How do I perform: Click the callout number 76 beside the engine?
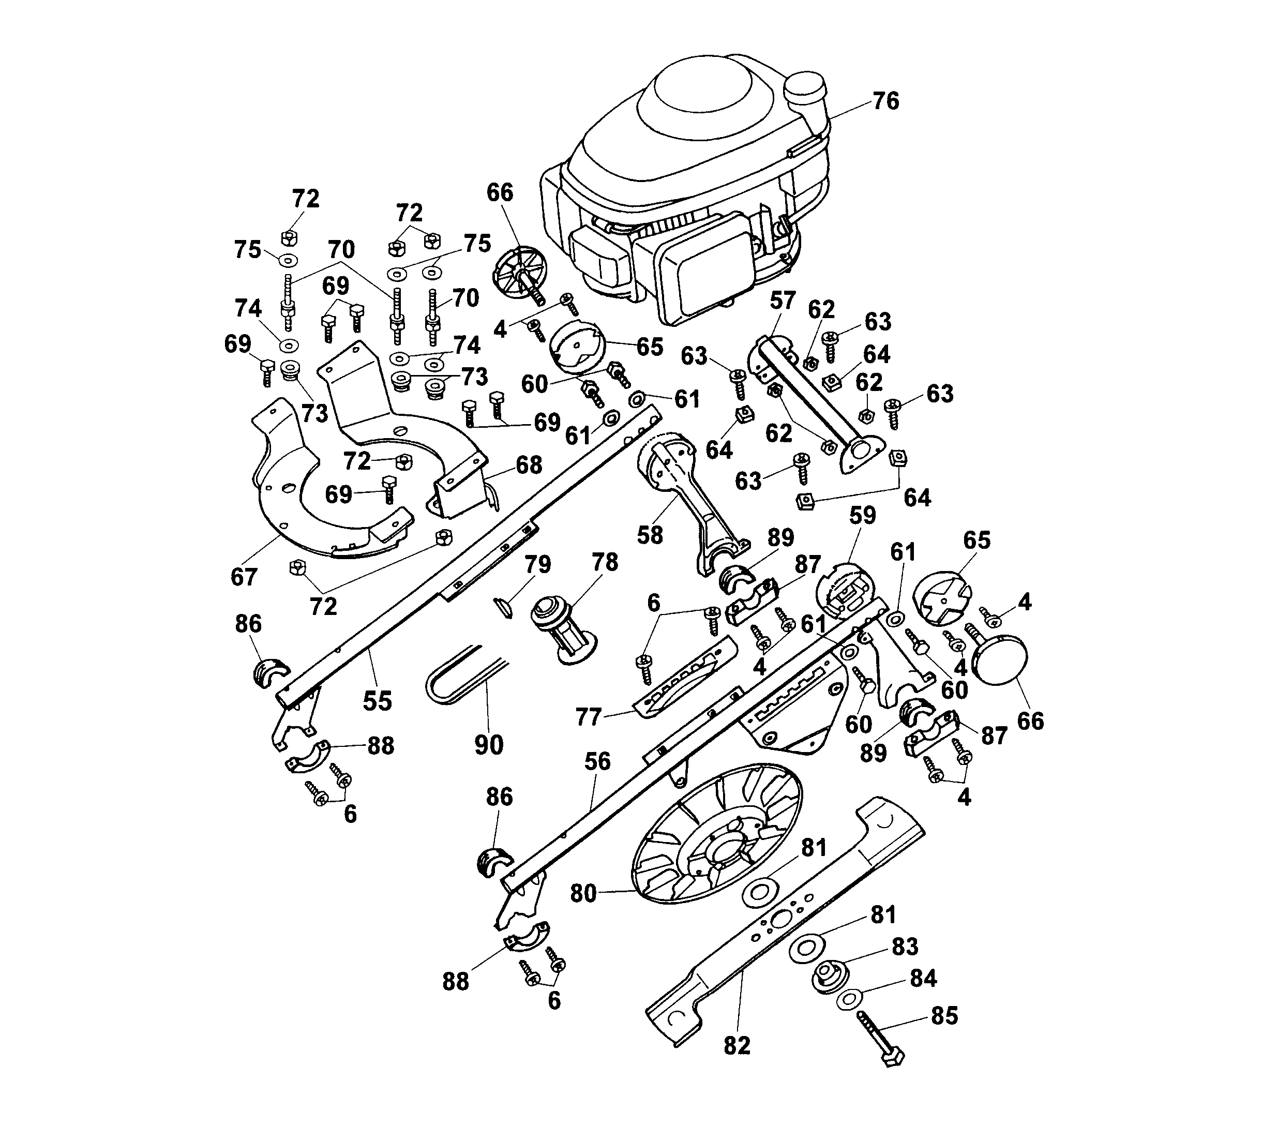click(885, 101)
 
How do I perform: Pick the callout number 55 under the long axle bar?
click(378, 701)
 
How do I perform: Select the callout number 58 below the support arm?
click(650, 535)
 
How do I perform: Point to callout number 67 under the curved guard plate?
click(244, 577)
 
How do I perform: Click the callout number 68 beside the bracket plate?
click(529, 465)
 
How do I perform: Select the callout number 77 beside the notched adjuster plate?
click(588, 717)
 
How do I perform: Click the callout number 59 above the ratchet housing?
click(862, 516)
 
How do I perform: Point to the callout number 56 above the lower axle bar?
click(597, 761)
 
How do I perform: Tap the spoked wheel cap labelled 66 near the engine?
click(519, 275)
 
